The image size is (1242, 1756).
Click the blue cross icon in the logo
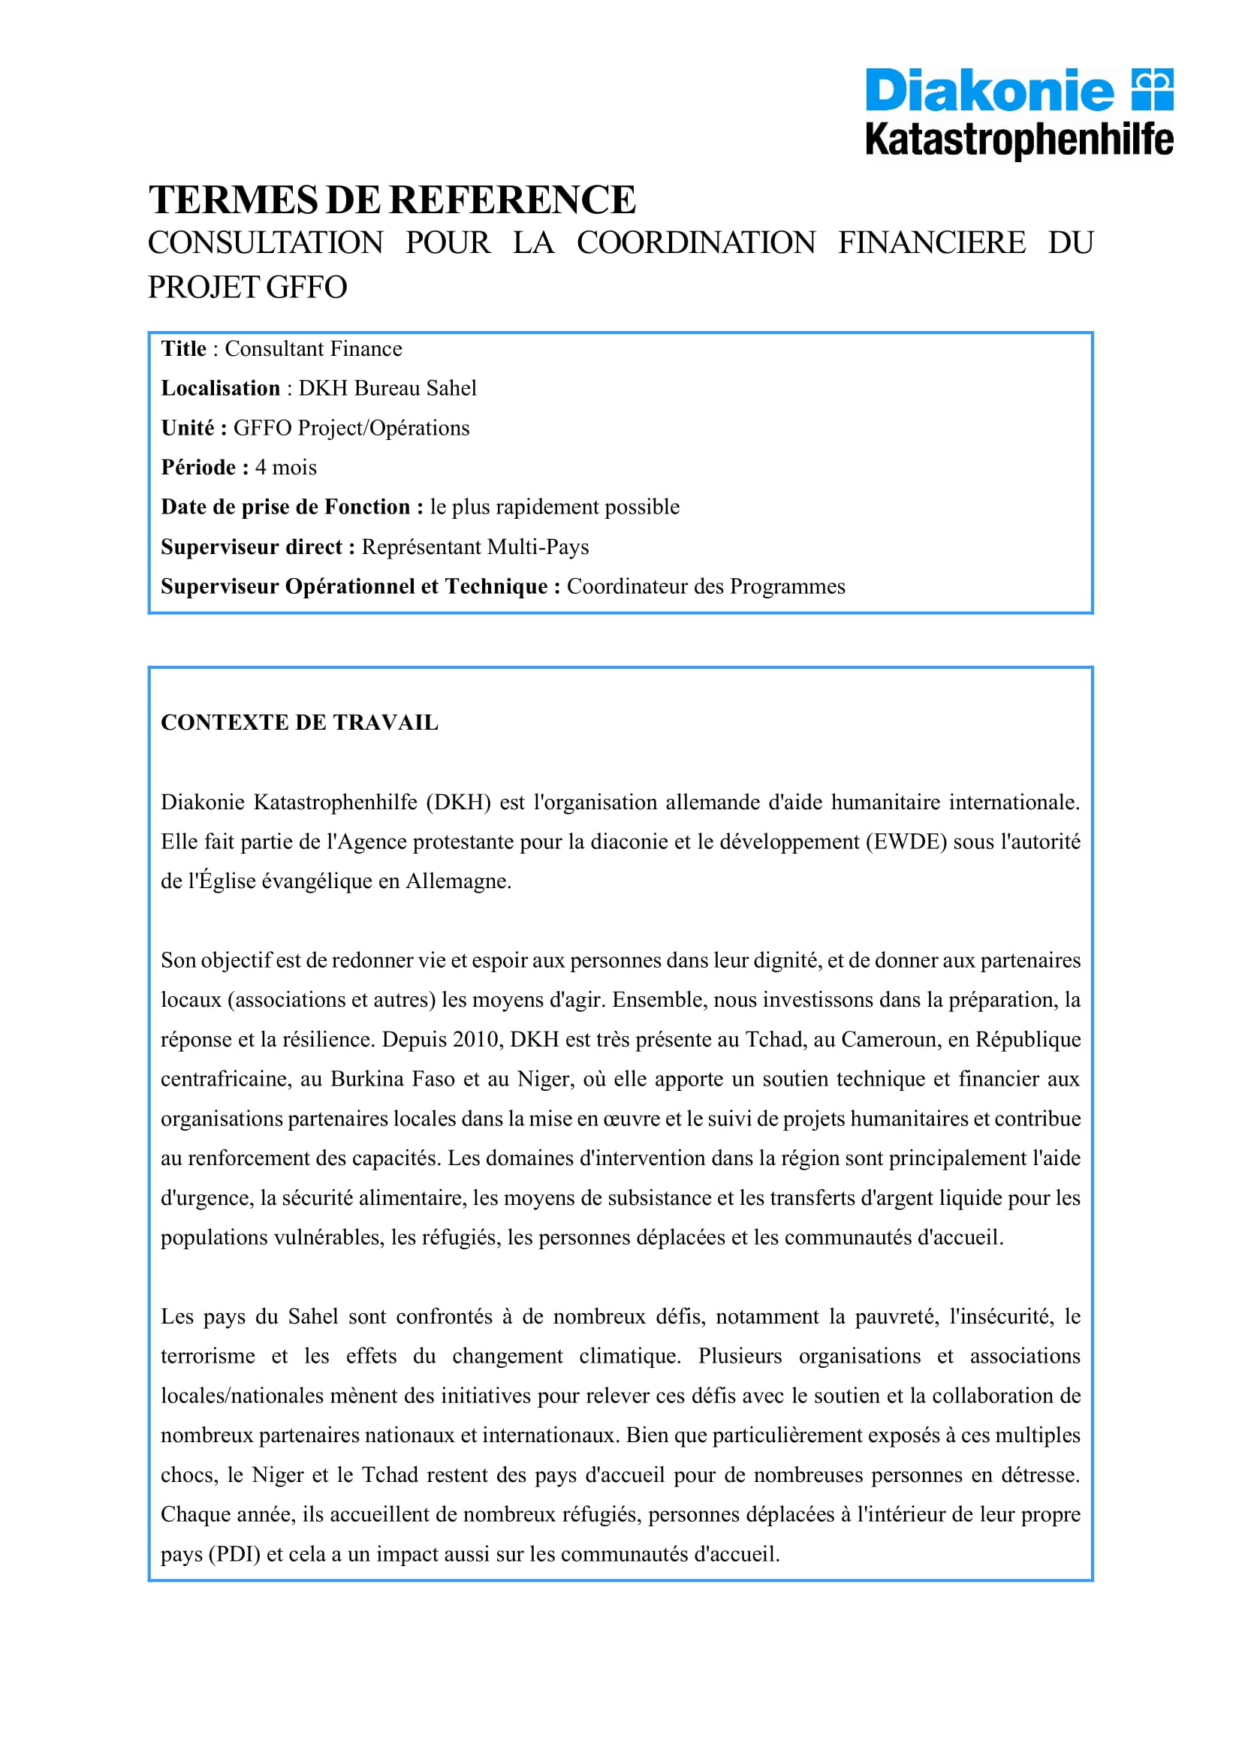[1153, 89]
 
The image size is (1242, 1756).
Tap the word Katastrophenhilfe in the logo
[1019, 140]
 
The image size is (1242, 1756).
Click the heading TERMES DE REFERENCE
[391, 200]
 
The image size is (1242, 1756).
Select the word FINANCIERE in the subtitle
[931, 243]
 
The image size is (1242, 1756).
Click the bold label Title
[183, 349]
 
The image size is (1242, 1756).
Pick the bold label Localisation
[220, 389]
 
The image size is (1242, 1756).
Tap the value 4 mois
[285, 467]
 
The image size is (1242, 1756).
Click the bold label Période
[199, 467]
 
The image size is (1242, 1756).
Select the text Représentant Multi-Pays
[475, 547]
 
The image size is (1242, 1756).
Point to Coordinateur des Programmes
[705, 586]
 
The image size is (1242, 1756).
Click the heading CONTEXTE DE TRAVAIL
[299, 723]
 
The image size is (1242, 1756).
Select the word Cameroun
[883, 1039]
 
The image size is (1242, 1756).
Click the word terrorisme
[207, 1356]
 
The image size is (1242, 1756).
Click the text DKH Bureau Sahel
[387, 389]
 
